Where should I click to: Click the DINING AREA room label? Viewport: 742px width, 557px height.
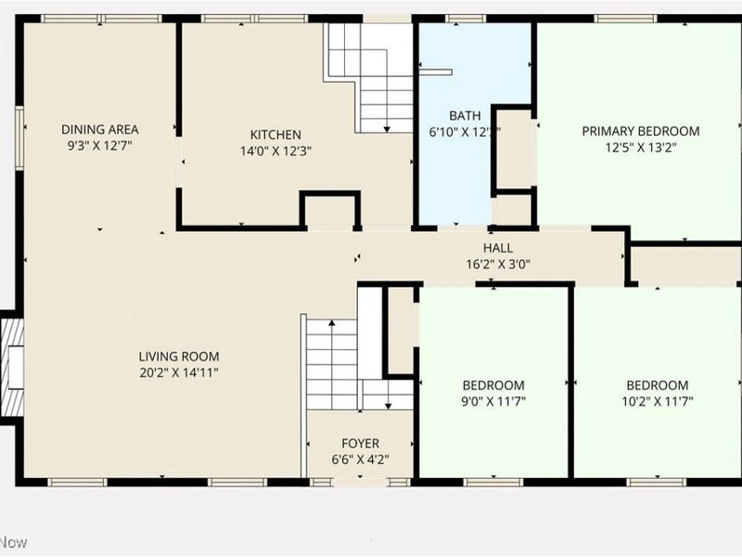[x=99, y=129]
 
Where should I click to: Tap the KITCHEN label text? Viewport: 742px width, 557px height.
[x=275, y=135]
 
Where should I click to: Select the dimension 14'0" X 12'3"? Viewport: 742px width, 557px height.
[x=275, y=150]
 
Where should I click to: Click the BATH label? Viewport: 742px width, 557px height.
[x=465, y=116]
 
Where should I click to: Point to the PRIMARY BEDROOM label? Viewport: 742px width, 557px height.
[x=640, y=131]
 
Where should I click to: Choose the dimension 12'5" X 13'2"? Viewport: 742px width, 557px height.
[x=640, y=147]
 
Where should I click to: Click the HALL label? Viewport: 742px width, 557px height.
[x=497, y=248]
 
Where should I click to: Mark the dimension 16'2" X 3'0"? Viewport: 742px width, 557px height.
[x=497, y=264]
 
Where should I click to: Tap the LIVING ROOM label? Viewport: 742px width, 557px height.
[x=179, y=356]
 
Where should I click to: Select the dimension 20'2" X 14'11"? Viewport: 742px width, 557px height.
[x=179, y=372]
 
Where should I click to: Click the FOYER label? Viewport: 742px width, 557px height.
[x=360, y=443]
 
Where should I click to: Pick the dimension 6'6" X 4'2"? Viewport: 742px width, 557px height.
[x=360, y=459]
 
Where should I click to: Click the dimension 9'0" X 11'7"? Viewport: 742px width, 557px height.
[x=493, y=401]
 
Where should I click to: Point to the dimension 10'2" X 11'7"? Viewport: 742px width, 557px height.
[x=657, y=401]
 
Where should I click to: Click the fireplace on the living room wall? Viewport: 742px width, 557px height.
[x=12, y=367]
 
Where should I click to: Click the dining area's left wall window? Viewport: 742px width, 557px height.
[x=19, y=138]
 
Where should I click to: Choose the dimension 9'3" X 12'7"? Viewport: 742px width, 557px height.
[x=99, y=145]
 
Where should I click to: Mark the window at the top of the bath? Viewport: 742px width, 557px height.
[x=465, y=19]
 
